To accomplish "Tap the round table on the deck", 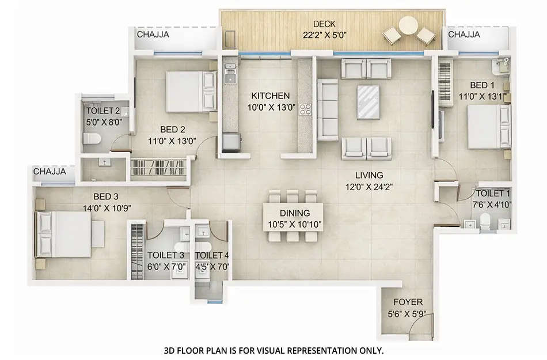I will [x=409, y=27].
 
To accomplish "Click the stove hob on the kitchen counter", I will [x=305, y=109].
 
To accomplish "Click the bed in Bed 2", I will [x=184, y=87].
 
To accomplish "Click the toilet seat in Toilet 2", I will [x=92, y=138].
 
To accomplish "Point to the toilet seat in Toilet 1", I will [x=485, y=221].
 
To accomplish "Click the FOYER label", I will [x=408, y=302].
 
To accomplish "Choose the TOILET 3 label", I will [x=166, y=255].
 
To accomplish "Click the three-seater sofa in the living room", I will [x=329, y=109].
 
